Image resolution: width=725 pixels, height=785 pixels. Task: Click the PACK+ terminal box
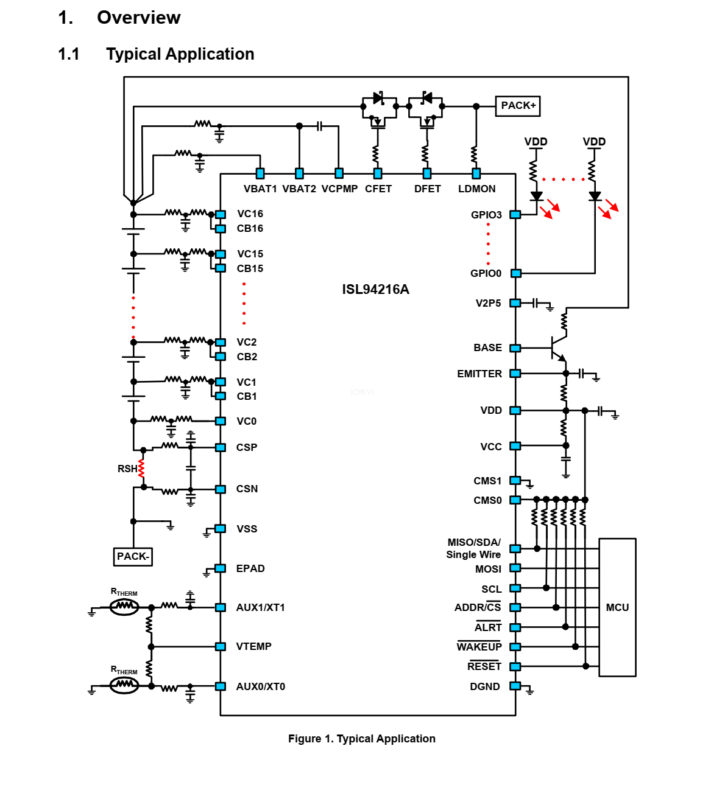pos(518,106)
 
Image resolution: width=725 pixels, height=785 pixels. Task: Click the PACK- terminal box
pos(133,556)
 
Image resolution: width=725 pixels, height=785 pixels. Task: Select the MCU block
pos(617,607)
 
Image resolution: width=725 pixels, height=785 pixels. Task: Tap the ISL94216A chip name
pos(375,290)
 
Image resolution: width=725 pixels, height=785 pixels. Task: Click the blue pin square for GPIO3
pos(515,215)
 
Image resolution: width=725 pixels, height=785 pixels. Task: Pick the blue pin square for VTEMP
pos(221,646)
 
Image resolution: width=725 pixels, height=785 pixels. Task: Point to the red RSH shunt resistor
pos(141,469)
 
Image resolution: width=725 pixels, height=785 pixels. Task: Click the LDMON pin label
pos(476,189)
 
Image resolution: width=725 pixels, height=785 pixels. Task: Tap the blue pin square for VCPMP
pos(339,173)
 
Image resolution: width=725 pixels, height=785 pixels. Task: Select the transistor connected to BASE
pos(557,348)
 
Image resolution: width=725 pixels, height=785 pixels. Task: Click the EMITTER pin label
pos(479,374)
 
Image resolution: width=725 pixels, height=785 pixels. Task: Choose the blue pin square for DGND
pos(515,686)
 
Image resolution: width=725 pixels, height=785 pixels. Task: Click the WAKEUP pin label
pos(479,647)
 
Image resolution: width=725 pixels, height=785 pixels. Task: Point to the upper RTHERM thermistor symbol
pos(124,606)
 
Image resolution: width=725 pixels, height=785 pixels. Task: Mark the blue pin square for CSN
pos(221,489)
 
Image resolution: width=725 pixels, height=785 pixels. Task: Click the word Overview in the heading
pos(139,18)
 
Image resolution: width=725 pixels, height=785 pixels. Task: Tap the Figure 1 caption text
pos(362,739)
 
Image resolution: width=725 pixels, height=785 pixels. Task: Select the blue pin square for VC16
pos(221,214)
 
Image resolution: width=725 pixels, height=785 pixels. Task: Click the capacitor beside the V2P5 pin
pos(535,303)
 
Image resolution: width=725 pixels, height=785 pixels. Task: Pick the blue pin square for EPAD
pos(221,568)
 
